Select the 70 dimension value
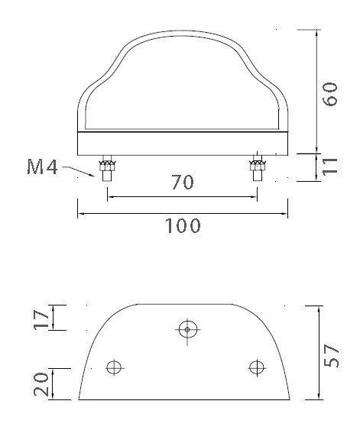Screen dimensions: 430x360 pos(182,183)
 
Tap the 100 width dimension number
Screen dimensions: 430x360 pos(182,225)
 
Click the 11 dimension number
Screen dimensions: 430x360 pos(330,167)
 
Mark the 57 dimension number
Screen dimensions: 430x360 pos(330,354)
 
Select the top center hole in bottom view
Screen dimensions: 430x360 pos(187,330)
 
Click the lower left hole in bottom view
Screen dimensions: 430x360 pos(115,368)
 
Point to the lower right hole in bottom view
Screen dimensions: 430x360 pos(257,368)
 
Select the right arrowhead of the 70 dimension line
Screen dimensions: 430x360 pos(255,197)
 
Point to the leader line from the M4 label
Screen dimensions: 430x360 pos(78,169)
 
